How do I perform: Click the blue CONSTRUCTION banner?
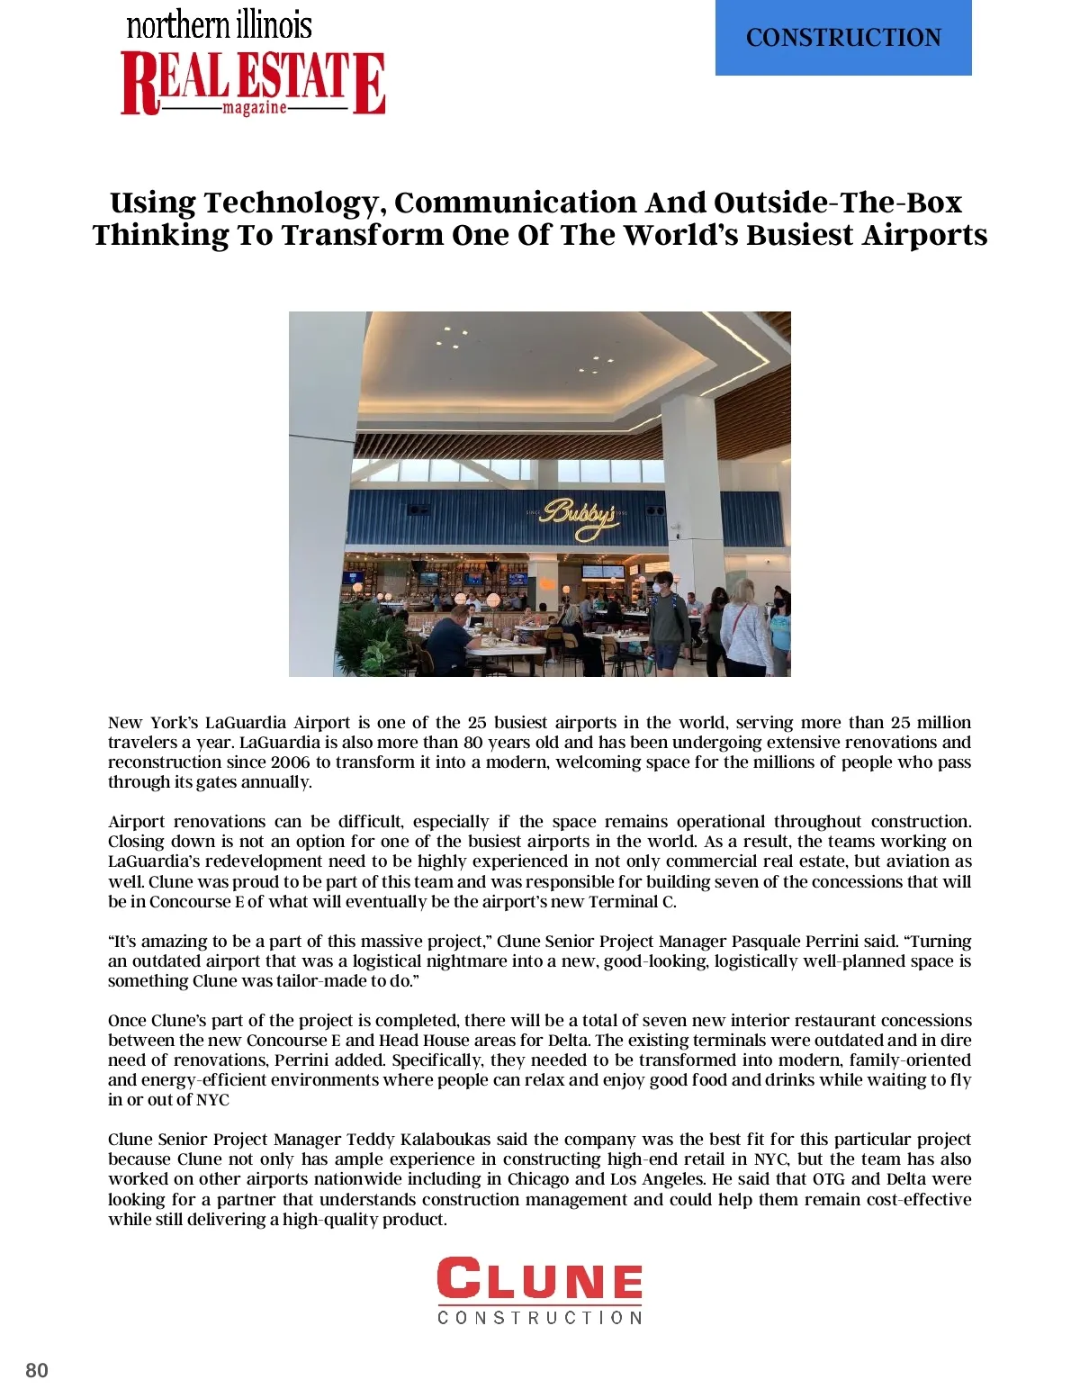click(843, 38)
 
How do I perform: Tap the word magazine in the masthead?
click(255, 108)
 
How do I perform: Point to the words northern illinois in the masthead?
click(219, 24)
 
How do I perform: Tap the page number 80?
click(37, 1370)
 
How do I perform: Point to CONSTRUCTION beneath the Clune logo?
click(540, 1318)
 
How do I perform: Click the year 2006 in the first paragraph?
click(290, 762)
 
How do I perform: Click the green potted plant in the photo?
click(374, 635)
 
